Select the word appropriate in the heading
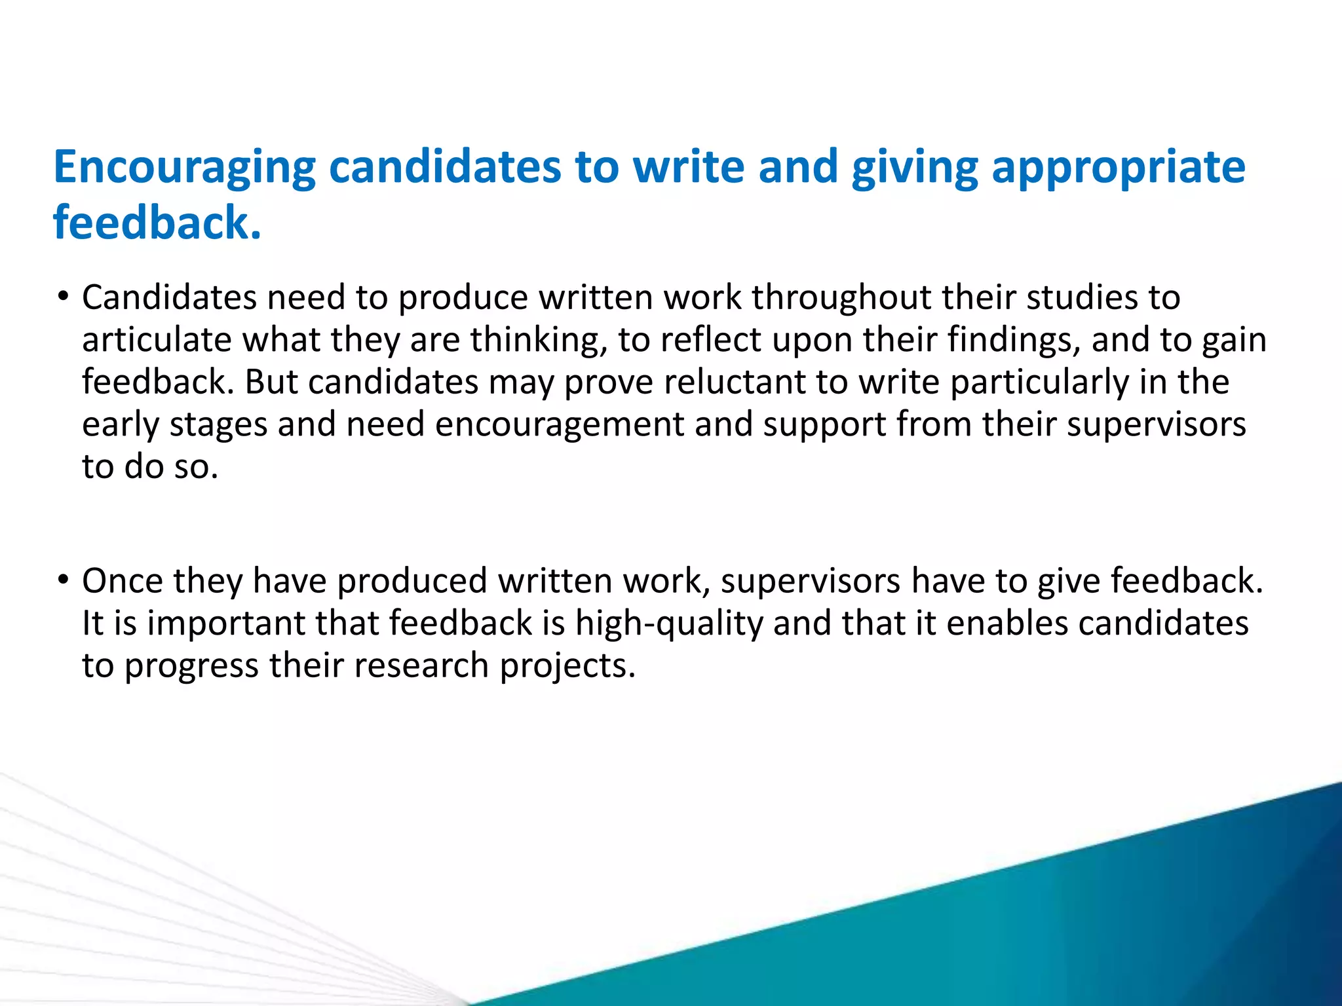pos(1118,168)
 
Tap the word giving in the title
pos(914,168)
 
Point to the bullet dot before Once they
pos(63,580)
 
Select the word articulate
pos(157,339)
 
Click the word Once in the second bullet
pos(123,580)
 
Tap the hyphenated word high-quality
pos(669,623)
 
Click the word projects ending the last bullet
pos(567,665)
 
